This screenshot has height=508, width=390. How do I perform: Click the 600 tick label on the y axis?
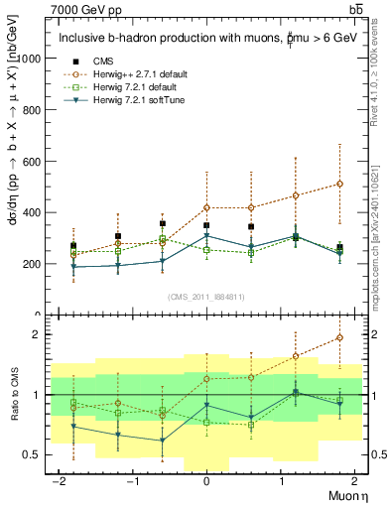coord(37,162)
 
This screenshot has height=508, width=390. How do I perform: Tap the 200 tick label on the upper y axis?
coord(37,264)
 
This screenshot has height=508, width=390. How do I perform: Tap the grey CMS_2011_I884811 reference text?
coord(205,296)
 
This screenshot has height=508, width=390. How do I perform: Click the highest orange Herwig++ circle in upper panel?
coord(339,184)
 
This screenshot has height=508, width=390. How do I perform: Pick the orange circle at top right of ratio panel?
coord(339,338)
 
